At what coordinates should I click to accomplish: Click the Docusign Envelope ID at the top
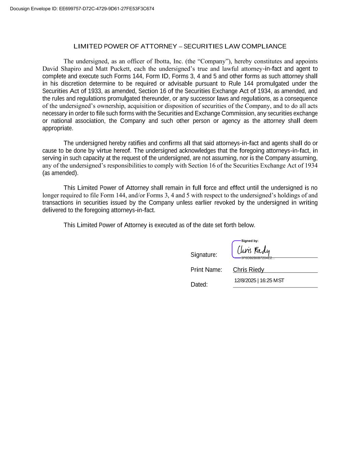pyautogui.click(x=82, y=9)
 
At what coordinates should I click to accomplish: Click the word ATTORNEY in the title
pyautogui.click(x=159, y=46)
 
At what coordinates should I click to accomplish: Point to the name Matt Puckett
pyautogui.click(x=113, y=69)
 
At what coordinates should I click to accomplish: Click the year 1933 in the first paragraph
pyautogui.click(x=95, y=91)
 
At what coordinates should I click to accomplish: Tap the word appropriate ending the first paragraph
pyautogui.click(x=57, y=128)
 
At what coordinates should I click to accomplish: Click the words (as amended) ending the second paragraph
pyautogui.click(x=60, y=173)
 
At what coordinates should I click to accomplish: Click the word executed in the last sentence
pyautogui.click(x=166, y=225)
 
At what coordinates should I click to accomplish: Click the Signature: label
pyautogui.click(x=204, y=255)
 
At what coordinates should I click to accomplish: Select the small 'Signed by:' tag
pyautogui.click(x=249, y=241)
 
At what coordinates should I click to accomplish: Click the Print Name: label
pyautogui.click(x=206, y=270)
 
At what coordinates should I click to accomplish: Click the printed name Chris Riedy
pyautogui.click(x=248, y=270)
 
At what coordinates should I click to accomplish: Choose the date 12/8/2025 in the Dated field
pyautogui.click(x=245, y=281)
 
